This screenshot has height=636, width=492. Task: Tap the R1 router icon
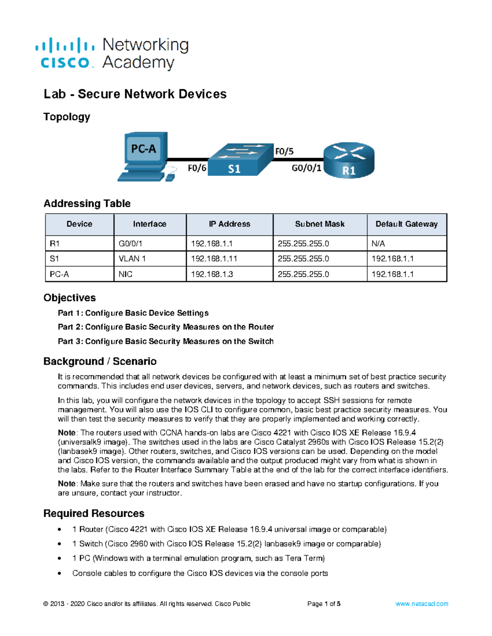(349, 161)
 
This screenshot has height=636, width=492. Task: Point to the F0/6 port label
(197, 168)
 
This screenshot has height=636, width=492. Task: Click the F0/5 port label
(284, 152)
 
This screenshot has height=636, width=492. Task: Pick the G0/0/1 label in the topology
(306, 168)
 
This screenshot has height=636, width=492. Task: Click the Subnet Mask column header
(320, 224)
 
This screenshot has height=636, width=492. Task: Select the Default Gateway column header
(406, 224)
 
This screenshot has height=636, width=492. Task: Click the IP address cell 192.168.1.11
(214, 259)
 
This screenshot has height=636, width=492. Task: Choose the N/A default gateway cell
(378, 244)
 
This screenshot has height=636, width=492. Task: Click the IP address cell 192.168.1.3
(212, 274)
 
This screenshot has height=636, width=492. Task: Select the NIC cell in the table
(125, 274)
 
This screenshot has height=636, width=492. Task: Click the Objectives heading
(70, 298)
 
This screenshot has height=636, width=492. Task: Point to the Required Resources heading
(94, 514)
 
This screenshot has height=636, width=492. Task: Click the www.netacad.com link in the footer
(421, 604)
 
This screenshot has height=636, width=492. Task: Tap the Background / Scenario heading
(100, 361)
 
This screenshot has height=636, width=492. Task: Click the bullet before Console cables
(60, 573)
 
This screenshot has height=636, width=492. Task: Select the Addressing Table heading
(87, 204)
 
